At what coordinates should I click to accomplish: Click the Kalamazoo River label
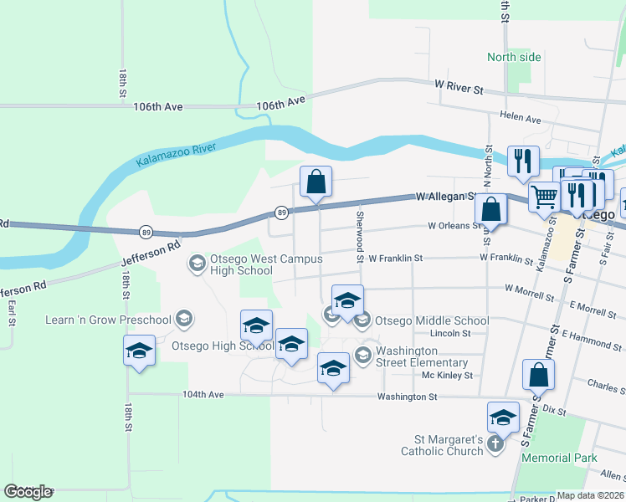pyautogui.click(x=176, y=156)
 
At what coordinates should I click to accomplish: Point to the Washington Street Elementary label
pyautogui.click(x=422, y=356)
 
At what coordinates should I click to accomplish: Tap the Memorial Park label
pyautogui.click(x=559, y=458)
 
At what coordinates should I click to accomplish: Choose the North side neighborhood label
pyautogui.click(x=514, y=57)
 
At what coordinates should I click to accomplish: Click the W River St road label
pyautogui.click(x=459, y=87)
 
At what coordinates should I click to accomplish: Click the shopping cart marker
pyautogui.click(x=544, y=197)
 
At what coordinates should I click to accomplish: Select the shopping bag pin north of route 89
pyautogui.click(x=316, y=181)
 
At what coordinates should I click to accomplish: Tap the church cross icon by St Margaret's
pyautogui.click(x=495, y=443)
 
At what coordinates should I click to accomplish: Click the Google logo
pyautogui.click(x=28, y=491)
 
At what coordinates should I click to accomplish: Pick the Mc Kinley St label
pyautogui.click(x=448, y=376)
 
